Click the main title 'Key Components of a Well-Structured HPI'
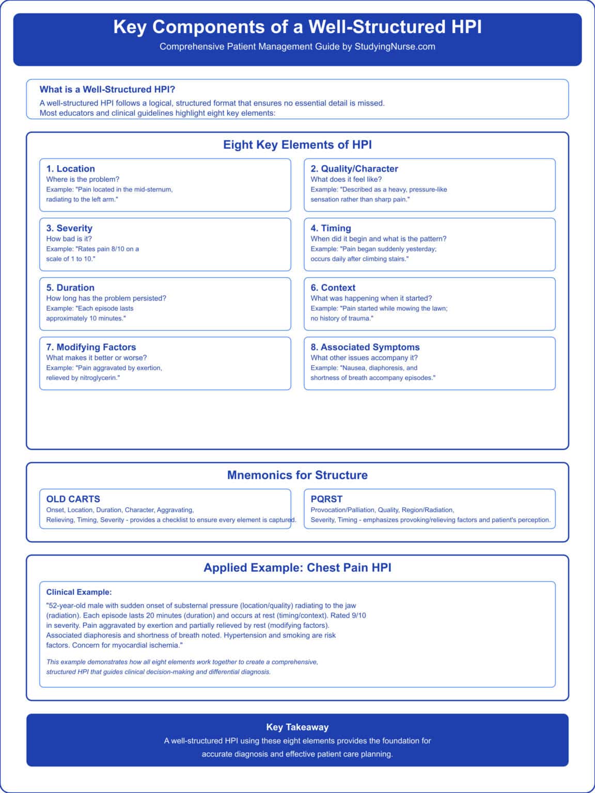[x=297, y=27]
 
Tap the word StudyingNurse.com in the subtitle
[x=395, y=46]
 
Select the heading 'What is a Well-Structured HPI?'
[x=107, y=89]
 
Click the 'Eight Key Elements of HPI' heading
[x=297, y=145]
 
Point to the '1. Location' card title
[x=71, y=169]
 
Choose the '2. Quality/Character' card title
[x=354, y=169]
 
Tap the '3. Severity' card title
[x=69, y=228]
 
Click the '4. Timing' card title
[x=331, y=228]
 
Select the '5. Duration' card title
[x=70, y=288]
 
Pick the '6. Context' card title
[x=333, y=288]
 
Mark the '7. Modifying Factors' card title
[x=91, y=347]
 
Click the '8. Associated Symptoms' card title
[x=365, y=347]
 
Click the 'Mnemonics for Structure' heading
[x=297, y=475]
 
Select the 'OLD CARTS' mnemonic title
[x=73, y=499]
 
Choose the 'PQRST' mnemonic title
[x=326, y=499]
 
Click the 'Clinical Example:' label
[x=79, y=592]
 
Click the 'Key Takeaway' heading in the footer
[x=297, y=727]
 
